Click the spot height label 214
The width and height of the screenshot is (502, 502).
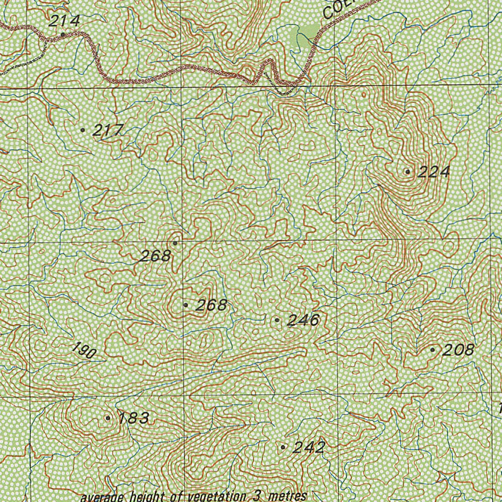tap(64, 21)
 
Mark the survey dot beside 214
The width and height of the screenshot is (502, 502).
tap(63, 35)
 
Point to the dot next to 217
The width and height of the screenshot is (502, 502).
tap(83, 130)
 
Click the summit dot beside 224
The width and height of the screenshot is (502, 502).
tap(407, 172)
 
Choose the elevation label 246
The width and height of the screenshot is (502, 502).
tap(303, 321)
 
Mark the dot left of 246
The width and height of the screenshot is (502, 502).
tap(277, 320)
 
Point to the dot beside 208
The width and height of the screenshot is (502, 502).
tap(432, 350)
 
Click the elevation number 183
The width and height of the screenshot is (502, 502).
tap(134, 418)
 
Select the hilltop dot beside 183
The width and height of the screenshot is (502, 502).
tap(108, 418)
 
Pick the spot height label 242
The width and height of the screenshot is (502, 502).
tap(309, 448)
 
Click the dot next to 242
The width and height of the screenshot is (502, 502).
tap(283, 447)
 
